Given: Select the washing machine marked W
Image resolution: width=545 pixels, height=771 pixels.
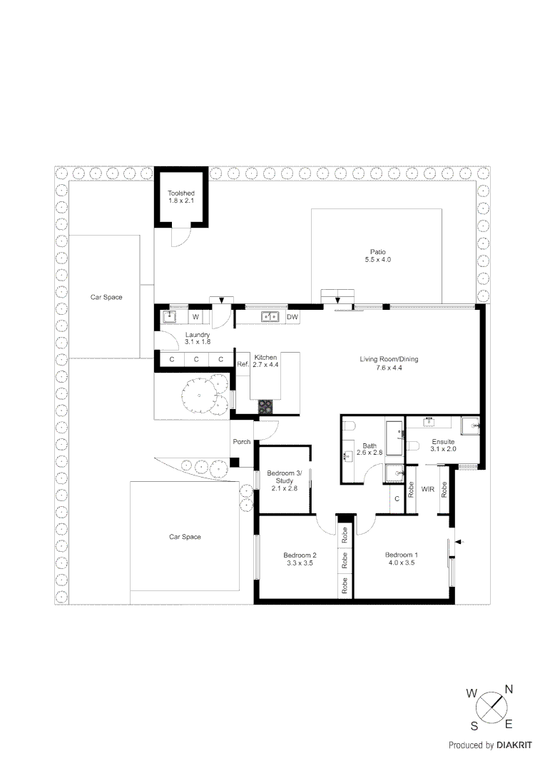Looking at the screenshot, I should coord(195,316).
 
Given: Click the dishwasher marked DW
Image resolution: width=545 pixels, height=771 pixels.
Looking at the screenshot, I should coord(292,316).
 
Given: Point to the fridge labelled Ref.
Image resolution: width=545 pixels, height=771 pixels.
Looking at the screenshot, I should coord(242,364).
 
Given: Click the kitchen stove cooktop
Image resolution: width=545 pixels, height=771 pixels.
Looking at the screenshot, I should coord(265,406).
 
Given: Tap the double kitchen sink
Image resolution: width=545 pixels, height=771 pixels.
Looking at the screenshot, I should coord(270,316).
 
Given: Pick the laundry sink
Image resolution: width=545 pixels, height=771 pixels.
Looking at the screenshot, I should coord(170,316).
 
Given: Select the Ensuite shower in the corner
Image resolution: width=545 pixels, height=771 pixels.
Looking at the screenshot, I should coord(471,426).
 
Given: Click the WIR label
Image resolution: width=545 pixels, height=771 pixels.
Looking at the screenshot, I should coord(428,490).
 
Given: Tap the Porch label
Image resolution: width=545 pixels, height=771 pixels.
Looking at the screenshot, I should coord(242,442).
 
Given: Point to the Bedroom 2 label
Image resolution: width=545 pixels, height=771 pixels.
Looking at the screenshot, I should coord(299,555).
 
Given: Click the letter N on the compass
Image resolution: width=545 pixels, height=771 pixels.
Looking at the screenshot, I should coord(509,689).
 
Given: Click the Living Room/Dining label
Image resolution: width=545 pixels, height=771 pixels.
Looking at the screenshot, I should coord(389,359).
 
